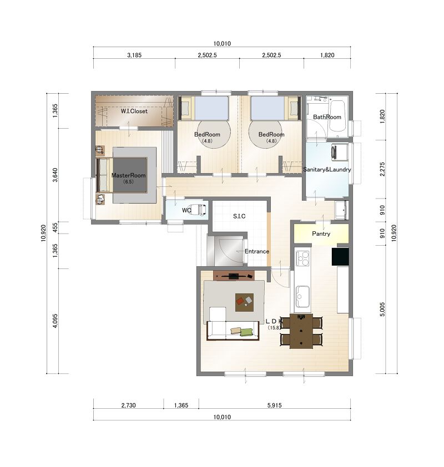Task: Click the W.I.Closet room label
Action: click(x=134, y=111)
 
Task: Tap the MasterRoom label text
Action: click(x=128, y=175)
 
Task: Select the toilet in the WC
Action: click(x=199, y=210)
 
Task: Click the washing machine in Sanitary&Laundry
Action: click(x=340, y=152)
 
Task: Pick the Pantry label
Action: click(x=321, y=233)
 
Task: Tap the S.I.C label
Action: click(x=239, y=216)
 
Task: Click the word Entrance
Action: click(x=257, y=251)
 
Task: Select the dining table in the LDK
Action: click(x=301, y=331)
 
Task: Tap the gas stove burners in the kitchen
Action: click(x=302, y=258)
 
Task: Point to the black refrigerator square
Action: click(x=340, y=256)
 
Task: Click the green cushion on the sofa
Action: click(x=246, y=332)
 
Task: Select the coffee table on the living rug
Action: click(x=244, y=302)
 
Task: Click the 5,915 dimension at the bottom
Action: click(x=274, y=405)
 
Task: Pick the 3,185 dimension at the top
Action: click(x=134, y=55)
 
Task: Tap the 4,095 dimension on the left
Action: click(x=55, y=321)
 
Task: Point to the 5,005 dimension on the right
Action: click(x=382, y=309)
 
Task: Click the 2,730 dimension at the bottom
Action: click(x=128, y=405)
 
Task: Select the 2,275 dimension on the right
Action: click(x=382, y=169)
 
